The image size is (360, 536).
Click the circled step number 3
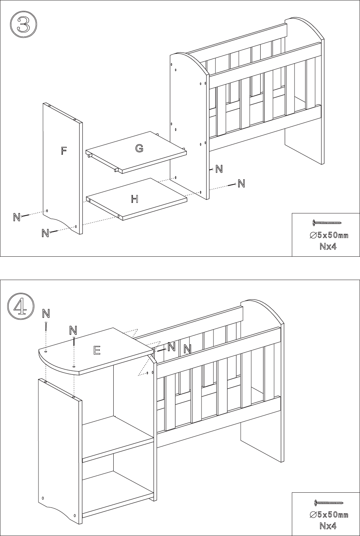point(23,25)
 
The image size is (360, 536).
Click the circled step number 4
point(21,306)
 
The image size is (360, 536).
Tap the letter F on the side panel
point(63,151)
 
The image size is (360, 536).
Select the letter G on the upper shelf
point(139,148)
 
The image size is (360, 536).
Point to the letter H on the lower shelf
point(135,199)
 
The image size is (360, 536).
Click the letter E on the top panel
point(97,350)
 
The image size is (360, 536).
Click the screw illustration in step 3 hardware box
point(327,223)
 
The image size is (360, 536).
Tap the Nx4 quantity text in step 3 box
point(328,246)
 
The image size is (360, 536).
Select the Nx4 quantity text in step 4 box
point(328,526)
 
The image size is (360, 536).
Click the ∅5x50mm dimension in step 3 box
point(329,235)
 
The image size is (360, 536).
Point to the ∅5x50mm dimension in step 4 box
point(329,515)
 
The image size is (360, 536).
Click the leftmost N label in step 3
point(17,217)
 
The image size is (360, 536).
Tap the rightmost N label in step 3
point(241,184)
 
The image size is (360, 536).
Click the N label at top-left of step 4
point(46,314)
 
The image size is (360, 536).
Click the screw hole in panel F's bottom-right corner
point(76,226)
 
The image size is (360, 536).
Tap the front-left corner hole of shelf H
point(89,200)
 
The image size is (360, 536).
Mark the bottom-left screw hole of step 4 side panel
point(43,498)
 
